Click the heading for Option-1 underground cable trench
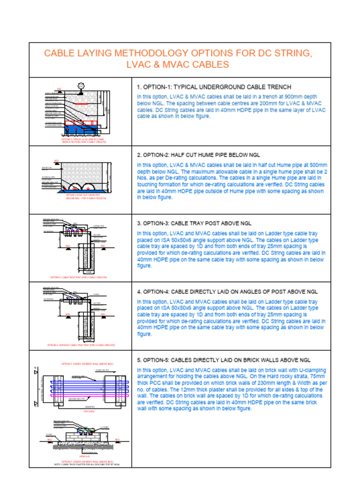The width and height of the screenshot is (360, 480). [x=214, y=87]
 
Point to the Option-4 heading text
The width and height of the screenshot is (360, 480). [x=227, y=292]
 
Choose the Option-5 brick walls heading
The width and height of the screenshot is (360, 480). [x=224, y=360]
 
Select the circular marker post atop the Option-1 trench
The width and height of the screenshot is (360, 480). [x=81, y=85]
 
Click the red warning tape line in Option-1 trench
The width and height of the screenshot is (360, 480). [x=81, y=103]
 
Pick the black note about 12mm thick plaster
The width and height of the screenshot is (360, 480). [x=84, y=465]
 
